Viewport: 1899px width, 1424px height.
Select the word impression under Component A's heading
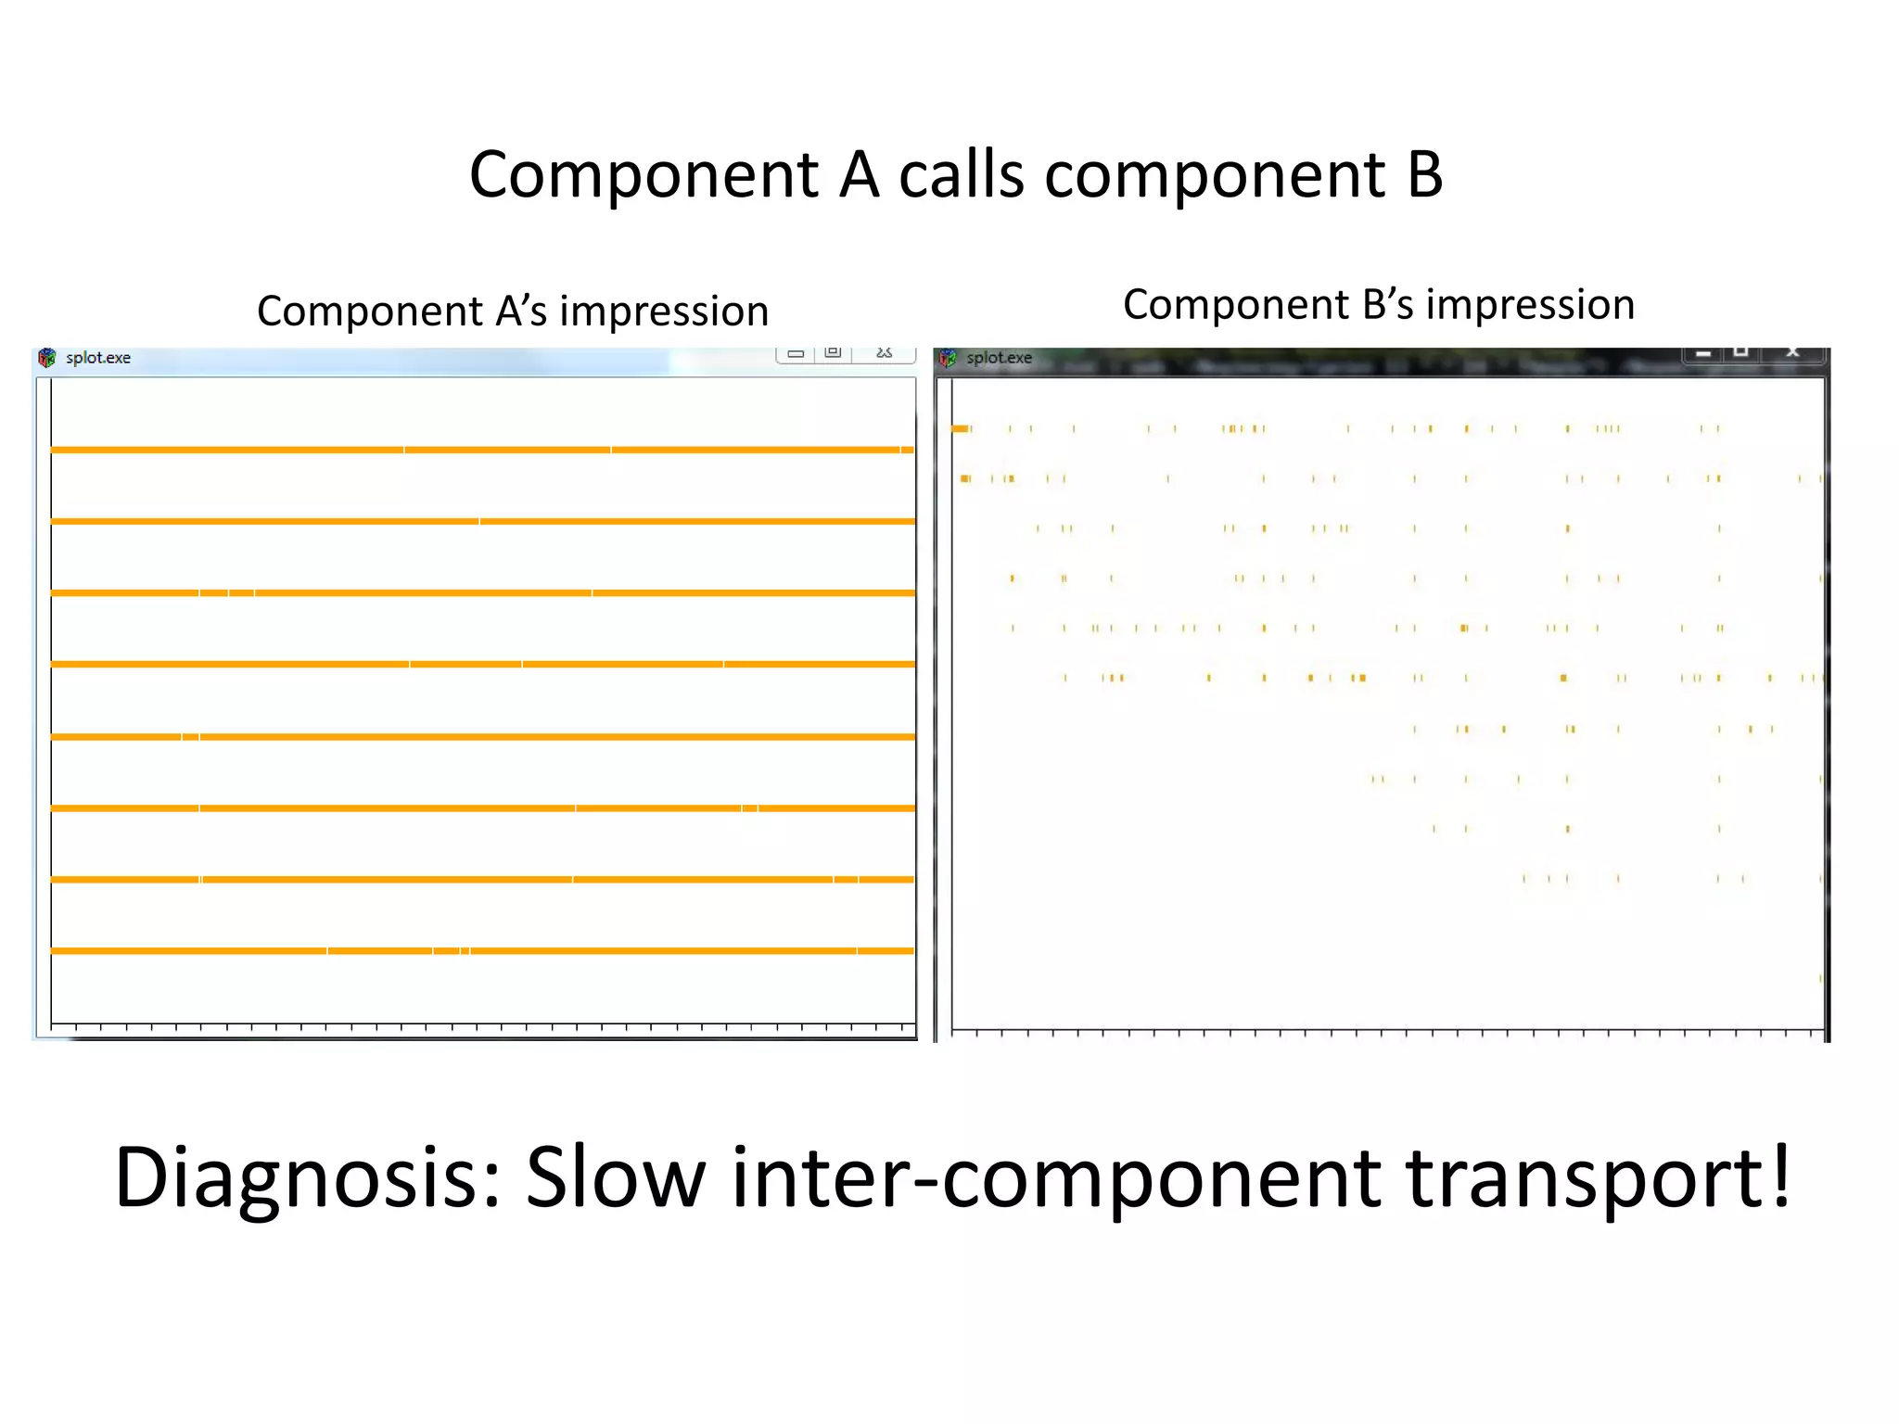664,311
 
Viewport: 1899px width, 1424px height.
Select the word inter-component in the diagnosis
1056,1177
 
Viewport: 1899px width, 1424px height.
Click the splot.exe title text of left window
98,358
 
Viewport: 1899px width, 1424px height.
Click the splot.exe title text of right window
999,358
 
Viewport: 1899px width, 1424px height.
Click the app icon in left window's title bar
47,358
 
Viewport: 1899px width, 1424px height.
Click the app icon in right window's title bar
948,358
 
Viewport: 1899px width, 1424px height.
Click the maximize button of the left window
833,353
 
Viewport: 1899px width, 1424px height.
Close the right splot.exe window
1793,353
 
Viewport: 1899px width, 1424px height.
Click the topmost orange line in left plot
482,450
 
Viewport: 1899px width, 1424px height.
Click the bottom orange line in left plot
482,950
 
